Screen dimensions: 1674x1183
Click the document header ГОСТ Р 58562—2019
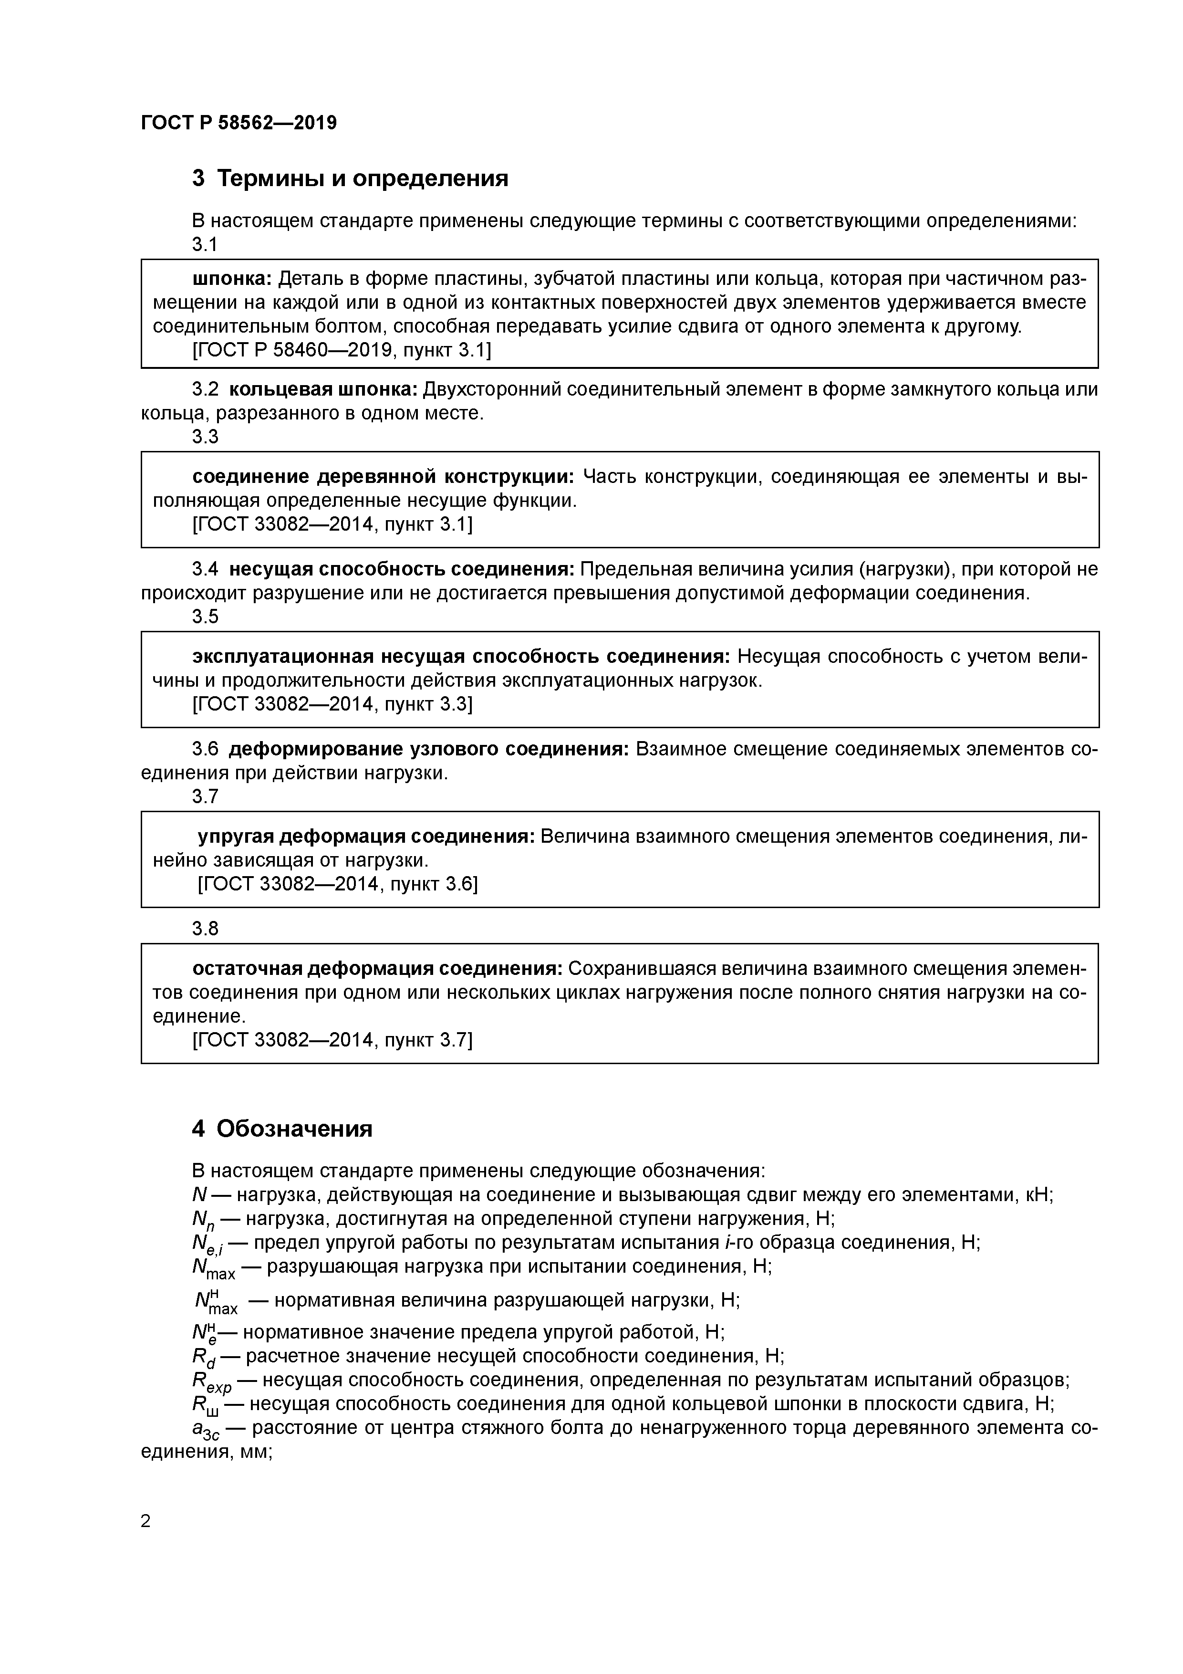(239, 123)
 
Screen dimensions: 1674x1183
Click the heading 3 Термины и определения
(350, 178)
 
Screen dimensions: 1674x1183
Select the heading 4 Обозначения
(282, 1129)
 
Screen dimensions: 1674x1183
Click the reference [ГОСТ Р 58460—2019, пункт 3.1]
(341, 351)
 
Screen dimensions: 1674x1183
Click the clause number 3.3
(205, 437)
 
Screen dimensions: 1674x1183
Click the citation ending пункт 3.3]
(332, 704)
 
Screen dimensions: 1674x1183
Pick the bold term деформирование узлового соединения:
(428, 749)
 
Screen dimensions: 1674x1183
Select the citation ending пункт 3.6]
(338, 884)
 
